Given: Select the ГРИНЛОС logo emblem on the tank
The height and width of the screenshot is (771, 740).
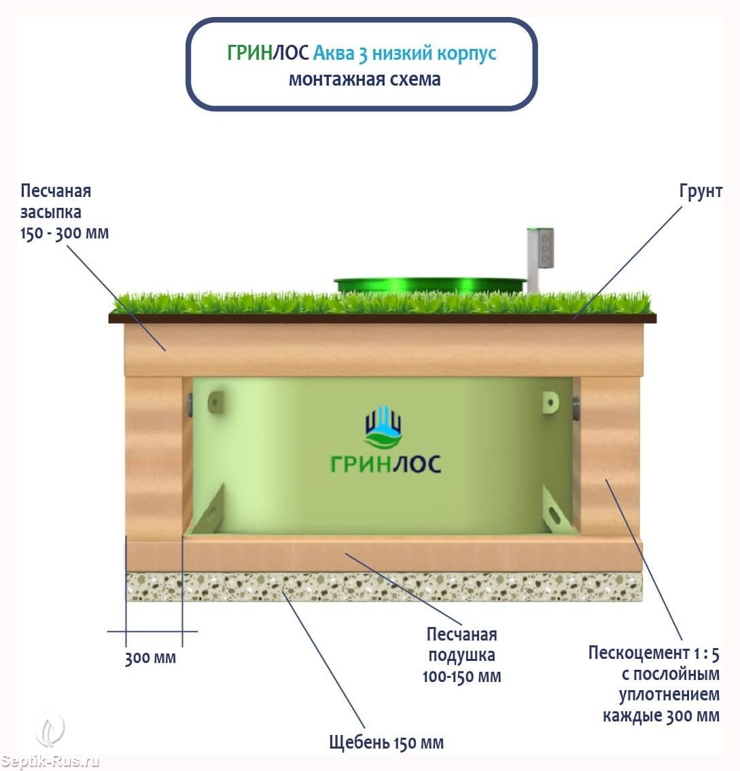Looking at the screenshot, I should [384, 427].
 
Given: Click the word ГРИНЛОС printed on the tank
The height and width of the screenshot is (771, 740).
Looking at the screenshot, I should [385, 464].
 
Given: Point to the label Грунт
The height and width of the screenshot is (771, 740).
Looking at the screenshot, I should [701, 192].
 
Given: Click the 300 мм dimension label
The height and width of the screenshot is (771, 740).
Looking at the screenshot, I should [150, 658].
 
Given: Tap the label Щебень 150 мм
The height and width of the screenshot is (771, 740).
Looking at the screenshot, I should [386, 742].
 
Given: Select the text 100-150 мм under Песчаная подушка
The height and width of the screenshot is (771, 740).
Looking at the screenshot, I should [461, 677].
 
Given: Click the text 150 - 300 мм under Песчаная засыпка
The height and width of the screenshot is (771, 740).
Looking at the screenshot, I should [65, 233].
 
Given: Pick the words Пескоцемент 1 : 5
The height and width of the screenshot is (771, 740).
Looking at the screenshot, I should [654, 653].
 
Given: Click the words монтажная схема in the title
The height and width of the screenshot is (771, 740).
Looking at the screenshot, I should [364, 79].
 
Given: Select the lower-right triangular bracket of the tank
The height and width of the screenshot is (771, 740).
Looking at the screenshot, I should [557, 510].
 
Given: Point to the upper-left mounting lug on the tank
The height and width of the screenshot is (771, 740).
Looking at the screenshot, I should [216, 402].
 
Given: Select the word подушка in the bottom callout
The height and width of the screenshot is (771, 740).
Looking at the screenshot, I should [461, 656].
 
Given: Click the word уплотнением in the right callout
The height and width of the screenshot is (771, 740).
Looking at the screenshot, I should [669, 695].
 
